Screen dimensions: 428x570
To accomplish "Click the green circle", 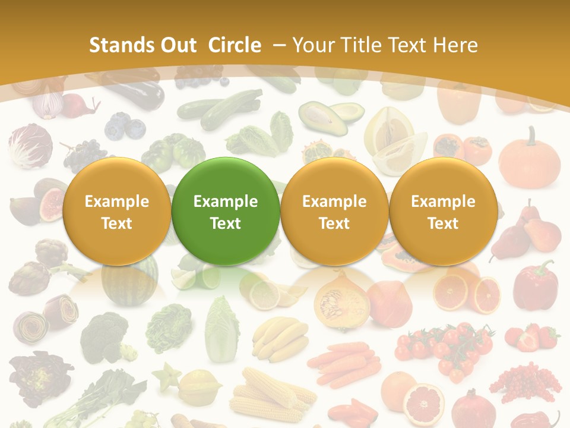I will click(226, 211).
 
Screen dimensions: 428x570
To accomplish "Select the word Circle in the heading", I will click(235, 45).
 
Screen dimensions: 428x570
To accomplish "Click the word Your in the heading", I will click(312, 45).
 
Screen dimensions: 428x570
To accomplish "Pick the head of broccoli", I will click(104, 336).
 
